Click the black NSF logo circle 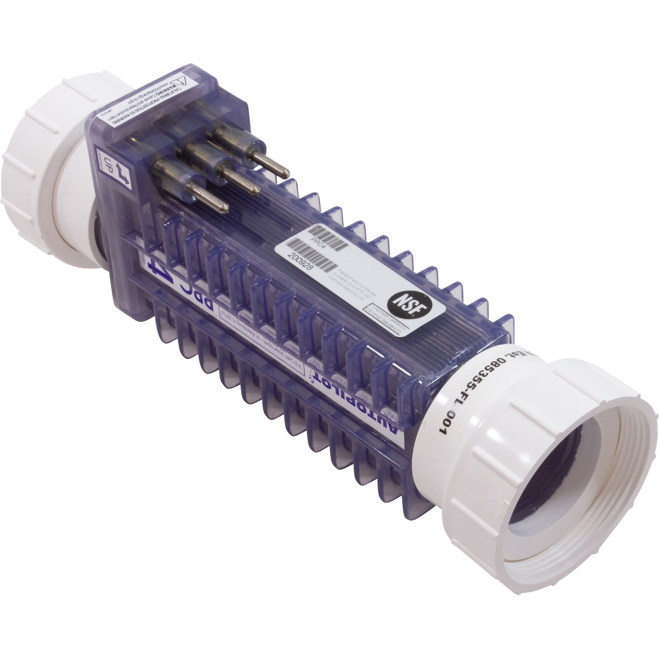point(401,301)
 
